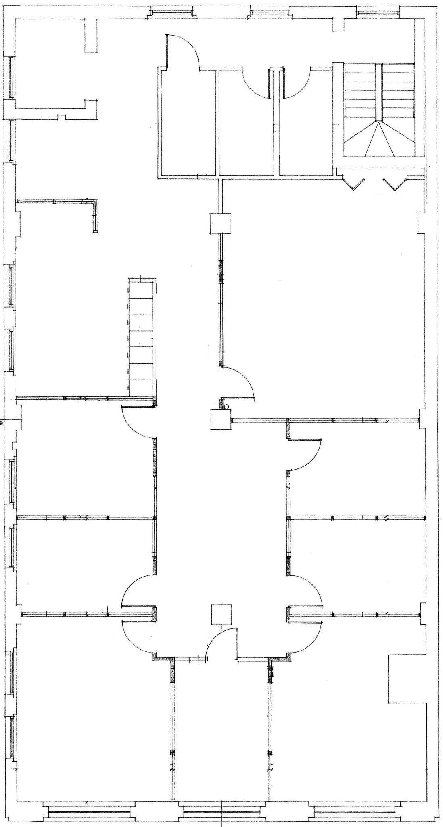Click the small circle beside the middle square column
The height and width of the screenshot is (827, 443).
pos(227,407)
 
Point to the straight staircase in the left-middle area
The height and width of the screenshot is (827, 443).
pos(141,337)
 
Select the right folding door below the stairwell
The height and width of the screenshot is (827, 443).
pos(394,184)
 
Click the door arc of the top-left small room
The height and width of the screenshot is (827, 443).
pos(184,50)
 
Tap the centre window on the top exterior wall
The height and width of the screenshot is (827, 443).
pos(270,13)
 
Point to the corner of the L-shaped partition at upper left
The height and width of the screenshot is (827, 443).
pos(94,202)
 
